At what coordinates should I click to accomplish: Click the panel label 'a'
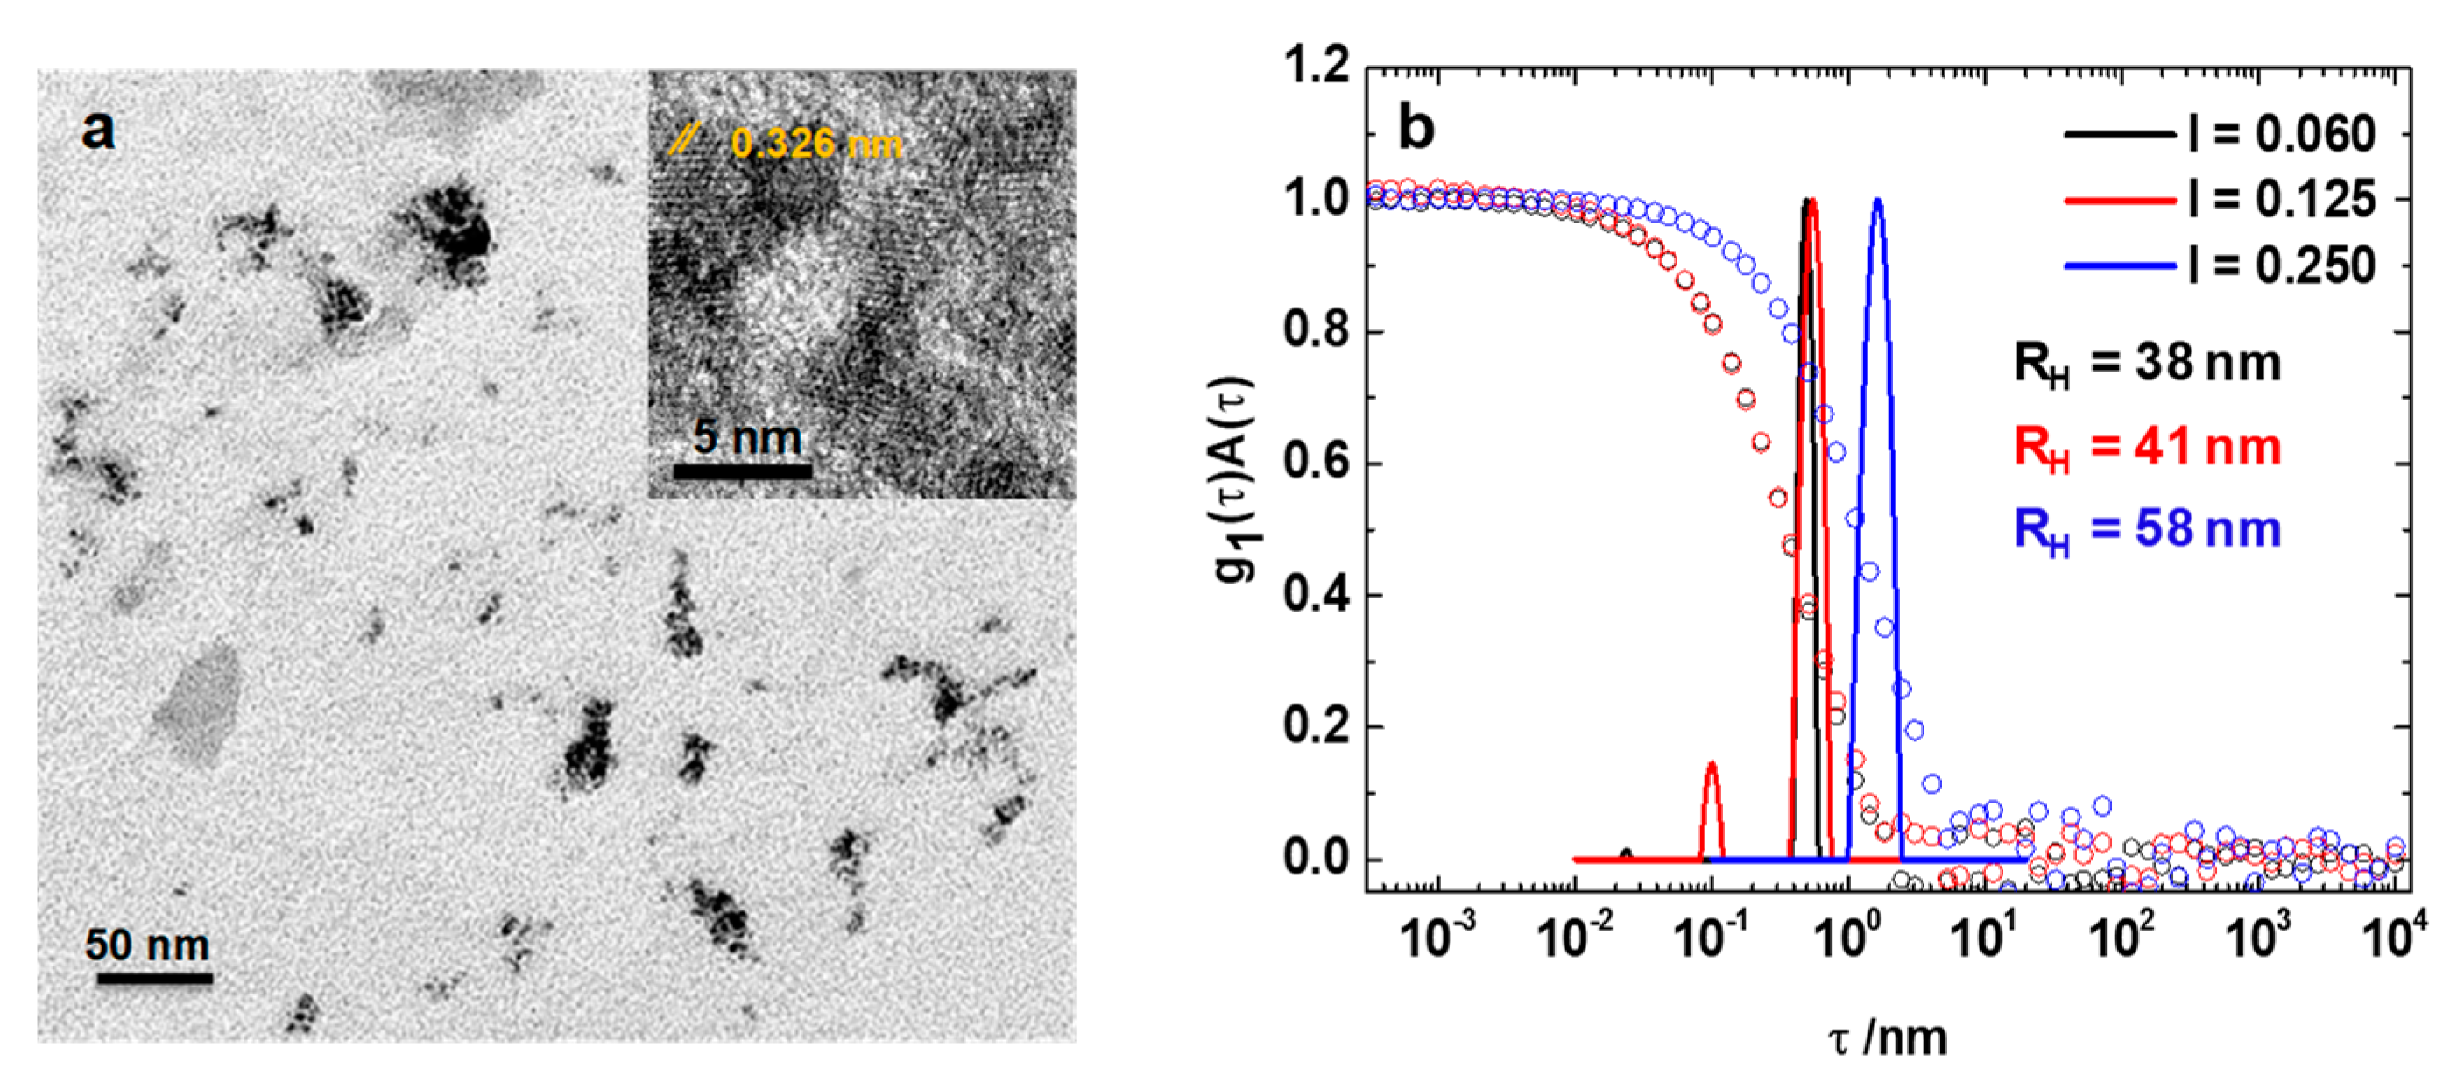pos(98,131)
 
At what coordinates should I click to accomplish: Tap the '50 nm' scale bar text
pos(147,945)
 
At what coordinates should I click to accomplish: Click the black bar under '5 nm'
pos(743,471)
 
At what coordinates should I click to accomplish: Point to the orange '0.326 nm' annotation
pos(815,144)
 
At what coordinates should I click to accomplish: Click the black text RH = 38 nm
pos(2146,365)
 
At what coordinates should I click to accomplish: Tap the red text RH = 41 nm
pos(2146,447)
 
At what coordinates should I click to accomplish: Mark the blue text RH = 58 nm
pos(2146,530)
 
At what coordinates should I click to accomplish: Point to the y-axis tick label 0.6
pos(1317,464)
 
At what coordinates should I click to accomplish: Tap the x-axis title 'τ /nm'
pos(1887,1038)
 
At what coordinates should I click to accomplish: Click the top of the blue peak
pos(1877,202)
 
